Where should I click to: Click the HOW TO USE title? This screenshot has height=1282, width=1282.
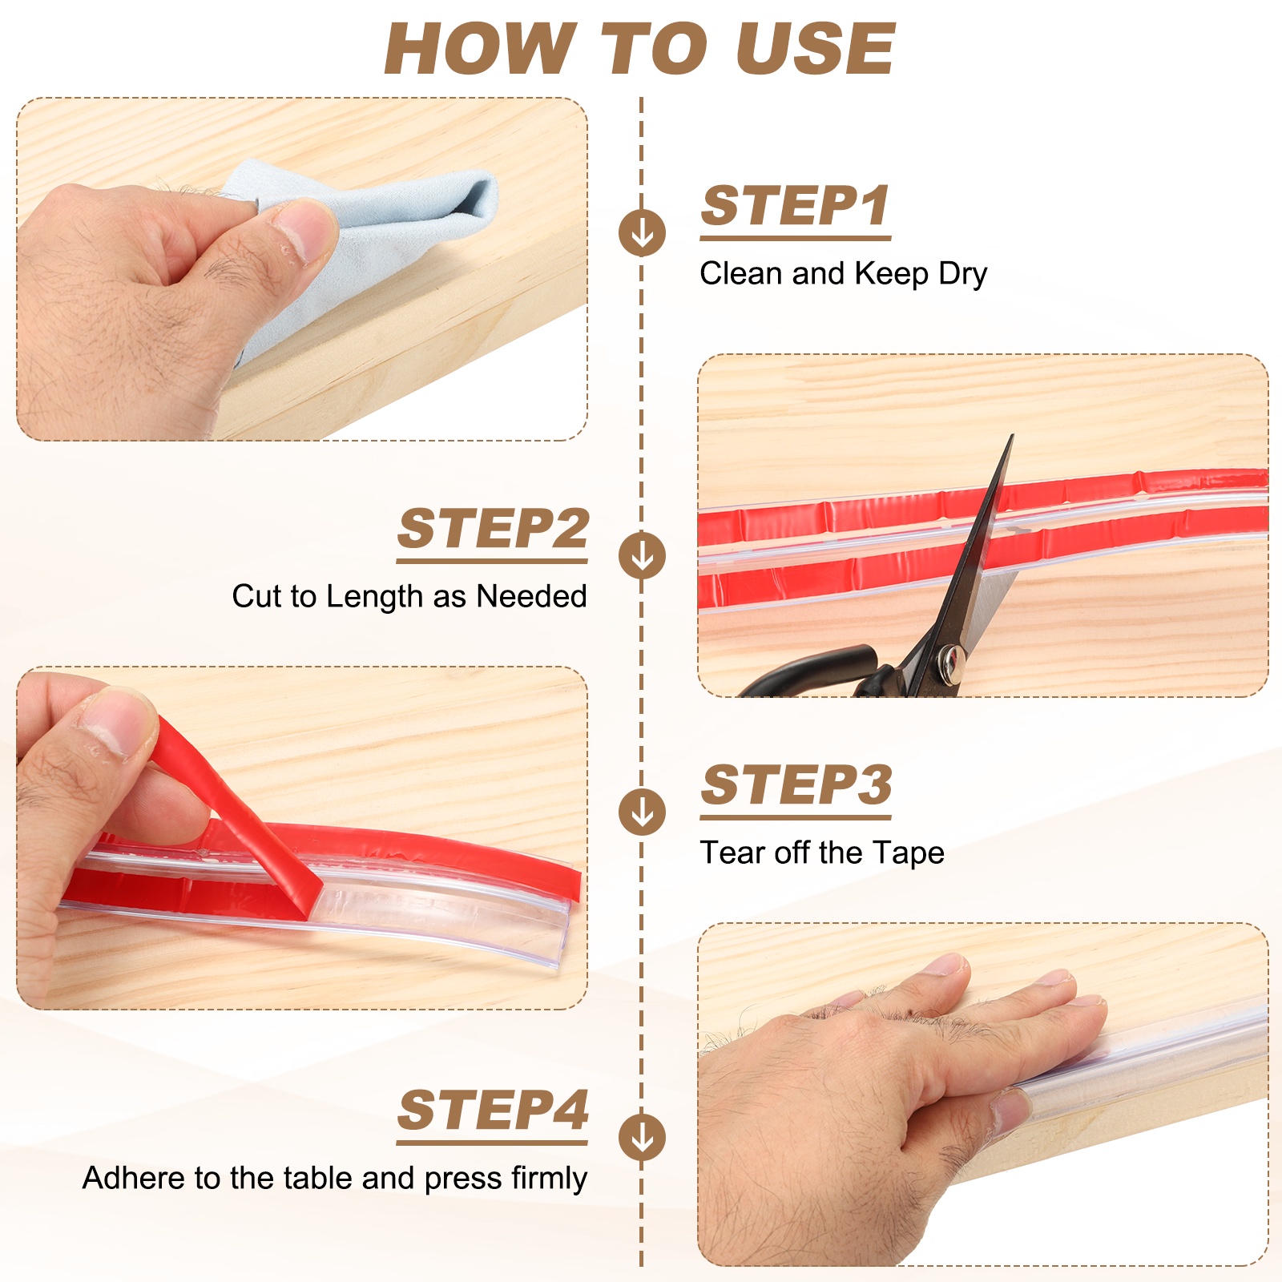pyautogui.click(x=639, y=49)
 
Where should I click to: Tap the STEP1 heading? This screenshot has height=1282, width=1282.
pyautogui.click(x=795, y=206)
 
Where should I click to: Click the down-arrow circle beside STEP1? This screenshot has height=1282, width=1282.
pyautogui.click(x=642, y=233)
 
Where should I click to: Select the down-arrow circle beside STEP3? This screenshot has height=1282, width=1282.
pyautogui.click(x=642, y=812)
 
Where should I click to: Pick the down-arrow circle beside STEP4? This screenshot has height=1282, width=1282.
pyautogui.click(x=642, y=1137)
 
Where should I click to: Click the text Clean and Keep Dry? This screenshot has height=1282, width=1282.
pyautogui.click(x=843, y=274)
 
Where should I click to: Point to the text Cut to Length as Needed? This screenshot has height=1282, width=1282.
pyautogui.click(x=409, y=596)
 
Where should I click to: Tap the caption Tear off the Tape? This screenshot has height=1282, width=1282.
pyautogui.click(x=822, y=853)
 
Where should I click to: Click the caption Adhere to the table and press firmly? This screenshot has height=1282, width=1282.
pyautogui.click(x=335, y=1179)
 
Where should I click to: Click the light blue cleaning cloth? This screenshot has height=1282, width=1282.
pyautogui.click(x=377, y=232)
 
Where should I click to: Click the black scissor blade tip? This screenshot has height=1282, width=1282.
pyautogui.click(x=1012, y=437)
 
